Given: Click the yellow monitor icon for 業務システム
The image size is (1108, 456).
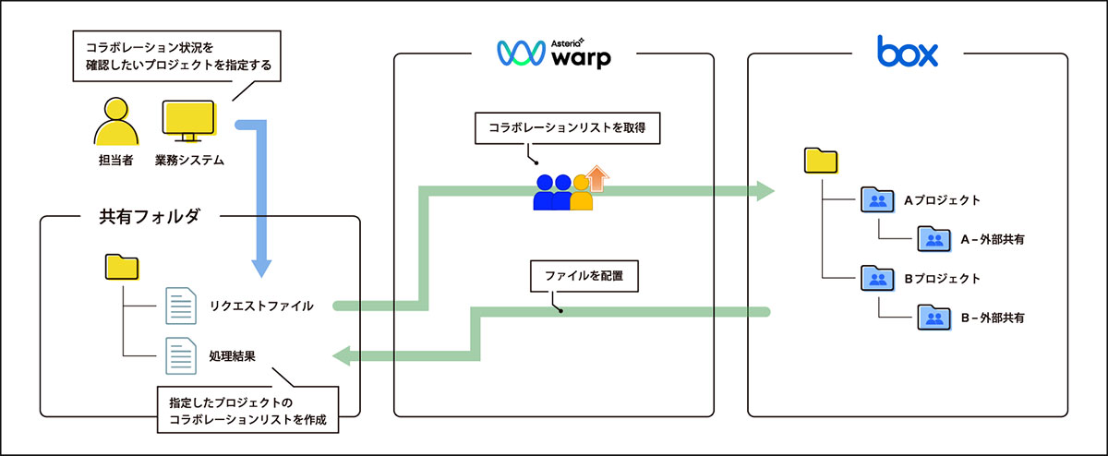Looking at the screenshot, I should [x=188, y=122].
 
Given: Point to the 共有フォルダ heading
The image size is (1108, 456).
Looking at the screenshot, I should [x=149, y=217].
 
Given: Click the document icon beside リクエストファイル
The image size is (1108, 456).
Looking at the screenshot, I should [x=180, y=306].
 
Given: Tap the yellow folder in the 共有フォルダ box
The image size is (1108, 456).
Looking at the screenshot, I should [x=122, y=268].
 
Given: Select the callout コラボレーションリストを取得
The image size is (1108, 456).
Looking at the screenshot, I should [x=569, y=130].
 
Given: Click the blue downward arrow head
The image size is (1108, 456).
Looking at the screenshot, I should [x=262, y=268].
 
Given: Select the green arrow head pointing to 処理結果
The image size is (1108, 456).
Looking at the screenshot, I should [x=341, y=355].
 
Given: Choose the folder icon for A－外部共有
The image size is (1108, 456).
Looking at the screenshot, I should [x=933, y=240].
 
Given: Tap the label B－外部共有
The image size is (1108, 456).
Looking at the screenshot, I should [x=993, y=318].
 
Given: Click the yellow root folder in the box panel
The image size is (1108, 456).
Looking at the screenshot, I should [x=821, y=162].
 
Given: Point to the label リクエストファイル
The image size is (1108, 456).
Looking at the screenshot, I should [x=261, y=306].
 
